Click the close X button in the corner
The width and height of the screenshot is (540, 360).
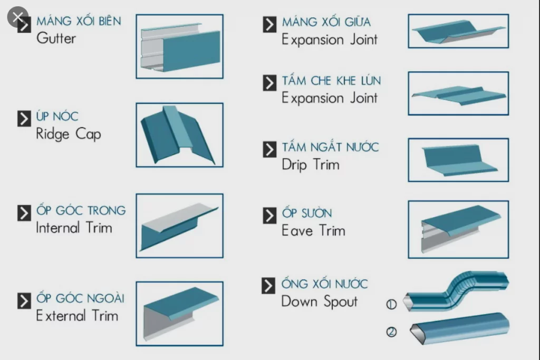(x=17, y=17)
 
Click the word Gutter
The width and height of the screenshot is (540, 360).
(x=56, y=38)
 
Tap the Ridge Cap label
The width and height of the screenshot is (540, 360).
(x=68, y=134)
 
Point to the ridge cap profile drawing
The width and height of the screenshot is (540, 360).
(x=179, y=135)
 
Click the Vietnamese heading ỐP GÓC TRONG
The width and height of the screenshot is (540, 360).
(x=81, y=210)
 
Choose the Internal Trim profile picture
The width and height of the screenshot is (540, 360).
(x=179, y=226)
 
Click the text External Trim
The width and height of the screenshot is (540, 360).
(x=77, y=316)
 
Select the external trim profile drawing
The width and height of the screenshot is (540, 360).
(x=179, y=313)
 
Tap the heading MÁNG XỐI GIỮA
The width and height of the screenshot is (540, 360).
(x=326, y=22)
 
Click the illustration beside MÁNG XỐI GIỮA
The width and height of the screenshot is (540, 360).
(x=458, y=31)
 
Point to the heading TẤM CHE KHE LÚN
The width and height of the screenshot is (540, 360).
(x=331, y=81)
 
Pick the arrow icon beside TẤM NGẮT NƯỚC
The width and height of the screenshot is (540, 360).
(x=269, y=149)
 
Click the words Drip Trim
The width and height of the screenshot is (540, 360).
(x=310, y=164)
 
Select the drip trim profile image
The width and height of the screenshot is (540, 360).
(x=458, y=160)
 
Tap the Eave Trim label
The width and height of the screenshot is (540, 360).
(x=313, y=231)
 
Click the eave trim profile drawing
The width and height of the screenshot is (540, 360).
(x=458, y=229)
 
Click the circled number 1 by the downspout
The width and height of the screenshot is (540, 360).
(x=391, y=304)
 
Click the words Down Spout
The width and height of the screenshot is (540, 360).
(x=319, y=301)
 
